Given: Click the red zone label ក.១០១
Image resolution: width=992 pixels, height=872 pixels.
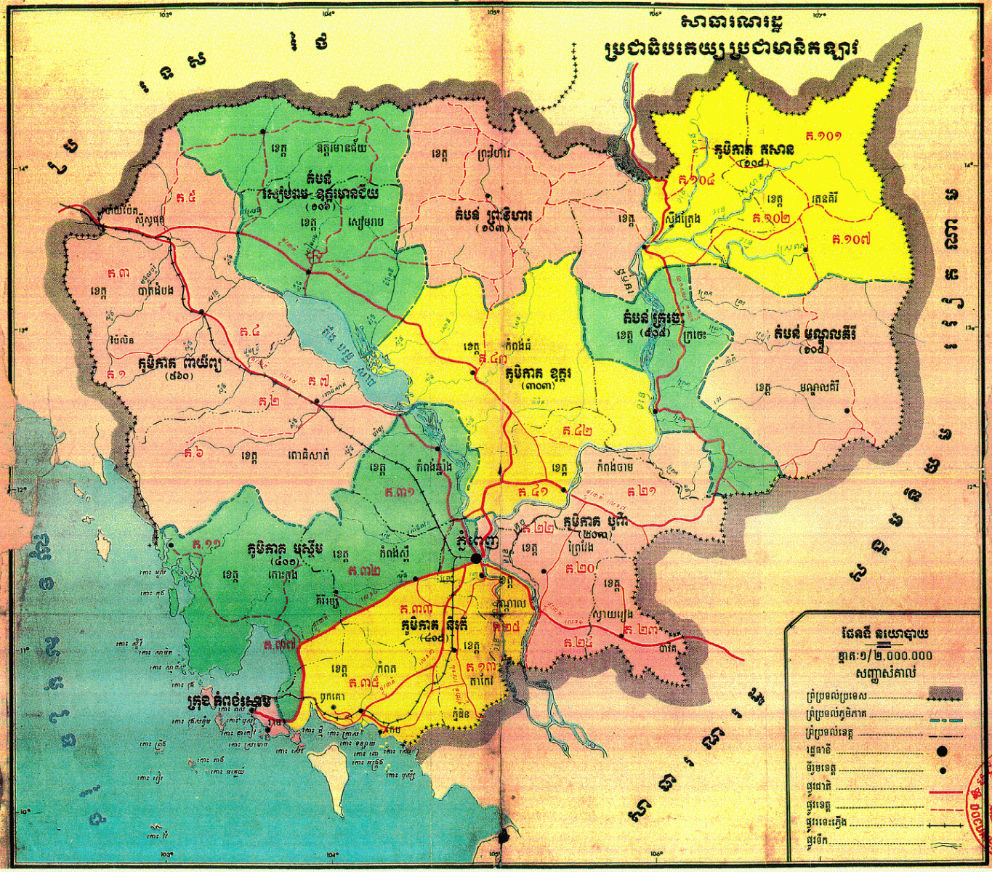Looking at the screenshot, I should click(x=823, y=136).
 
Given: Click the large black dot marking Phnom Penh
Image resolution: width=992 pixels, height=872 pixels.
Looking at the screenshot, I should click(x=476, y=558).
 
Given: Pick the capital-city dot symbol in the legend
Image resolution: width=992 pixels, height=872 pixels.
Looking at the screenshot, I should click(x=943, y=751).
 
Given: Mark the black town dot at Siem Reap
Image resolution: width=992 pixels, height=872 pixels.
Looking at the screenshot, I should click(x=308, y=272).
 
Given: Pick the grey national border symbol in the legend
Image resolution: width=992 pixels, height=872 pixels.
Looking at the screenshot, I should click(x=944, y=694).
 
